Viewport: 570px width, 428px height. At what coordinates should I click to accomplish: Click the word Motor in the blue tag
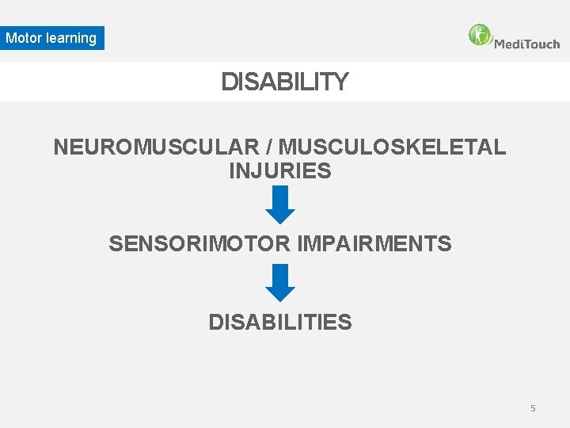25,38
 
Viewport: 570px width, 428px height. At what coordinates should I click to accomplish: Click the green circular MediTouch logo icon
480,35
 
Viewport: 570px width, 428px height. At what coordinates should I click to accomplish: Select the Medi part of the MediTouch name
508,44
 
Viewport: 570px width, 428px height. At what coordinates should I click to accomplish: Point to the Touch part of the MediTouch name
542,44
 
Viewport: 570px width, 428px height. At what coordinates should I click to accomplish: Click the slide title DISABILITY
284,82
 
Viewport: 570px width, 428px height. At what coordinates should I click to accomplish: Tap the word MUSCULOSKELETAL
392,147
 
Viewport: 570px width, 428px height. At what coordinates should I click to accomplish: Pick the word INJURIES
280,171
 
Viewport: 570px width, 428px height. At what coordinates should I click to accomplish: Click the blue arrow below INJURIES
280,204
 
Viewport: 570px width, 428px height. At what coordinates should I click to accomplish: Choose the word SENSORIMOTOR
200,244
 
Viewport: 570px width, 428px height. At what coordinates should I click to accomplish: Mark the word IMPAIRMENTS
374,244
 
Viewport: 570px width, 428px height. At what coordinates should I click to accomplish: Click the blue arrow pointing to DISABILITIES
280,282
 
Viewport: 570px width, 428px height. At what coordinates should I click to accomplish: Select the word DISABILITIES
280,323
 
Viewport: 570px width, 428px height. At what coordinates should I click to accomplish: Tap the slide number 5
533,408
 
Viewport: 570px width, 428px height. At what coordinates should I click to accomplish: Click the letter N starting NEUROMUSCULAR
61,147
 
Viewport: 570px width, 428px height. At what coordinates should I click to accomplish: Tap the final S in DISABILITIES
345,323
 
